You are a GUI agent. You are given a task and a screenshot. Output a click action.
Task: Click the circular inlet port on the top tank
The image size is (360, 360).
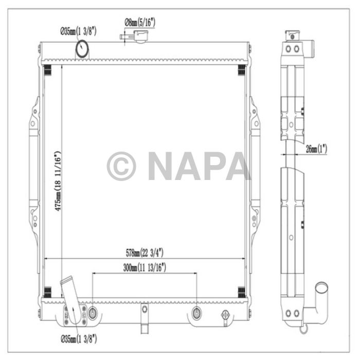click(82, 49)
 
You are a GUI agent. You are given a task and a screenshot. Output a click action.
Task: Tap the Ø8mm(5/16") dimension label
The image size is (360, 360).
click(140, 22)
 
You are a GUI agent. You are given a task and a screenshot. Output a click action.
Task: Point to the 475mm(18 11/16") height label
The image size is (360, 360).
click(59, 181)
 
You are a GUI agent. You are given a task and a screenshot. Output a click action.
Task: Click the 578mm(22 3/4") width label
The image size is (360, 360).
click(146, 253)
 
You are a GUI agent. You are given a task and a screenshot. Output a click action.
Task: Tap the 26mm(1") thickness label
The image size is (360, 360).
click(315, 149)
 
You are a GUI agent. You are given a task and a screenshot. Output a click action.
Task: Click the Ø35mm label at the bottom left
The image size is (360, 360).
click(78, 339)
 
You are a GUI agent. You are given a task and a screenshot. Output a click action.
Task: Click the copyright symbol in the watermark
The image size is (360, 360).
click(121, 166)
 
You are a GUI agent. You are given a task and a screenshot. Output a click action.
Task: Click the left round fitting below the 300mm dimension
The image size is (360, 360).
click(93, 313)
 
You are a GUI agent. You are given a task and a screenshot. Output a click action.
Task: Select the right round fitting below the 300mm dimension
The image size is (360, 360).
click(196, 313)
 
